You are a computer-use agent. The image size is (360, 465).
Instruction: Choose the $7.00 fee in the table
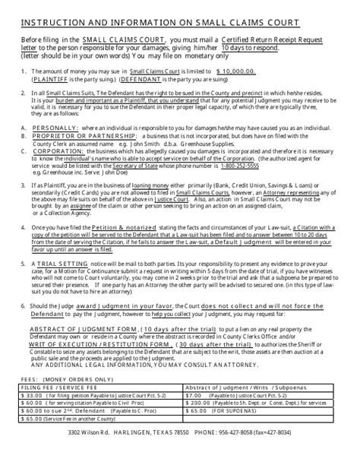[195, 396]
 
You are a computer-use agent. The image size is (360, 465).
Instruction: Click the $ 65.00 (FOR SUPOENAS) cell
[228, 411]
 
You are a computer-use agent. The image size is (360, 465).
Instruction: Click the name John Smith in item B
[126, 142]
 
